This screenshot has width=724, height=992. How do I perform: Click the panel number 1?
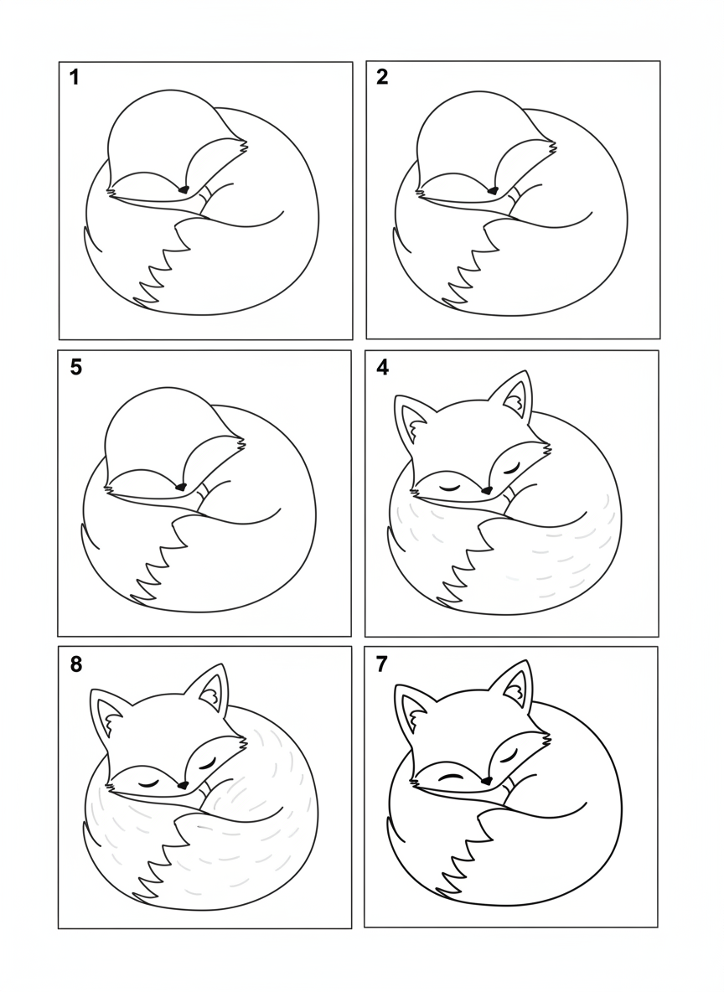pos(75,78)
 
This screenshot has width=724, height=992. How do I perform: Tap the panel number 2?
pos(382,77)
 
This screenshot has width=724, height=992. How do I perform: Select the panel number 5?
pos(76,368)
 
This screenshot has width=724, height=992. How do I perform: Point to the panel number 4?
pos(382,368)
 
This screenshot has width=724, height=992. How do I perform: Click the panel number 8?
pos(76,665)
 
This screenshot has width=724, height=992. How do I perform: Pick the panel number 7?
pos(381,664)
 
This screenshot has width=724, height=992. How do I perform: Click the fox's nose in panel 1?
pos(184,189)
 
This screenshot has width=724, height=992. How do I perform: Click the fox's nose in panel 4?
pos(486,489)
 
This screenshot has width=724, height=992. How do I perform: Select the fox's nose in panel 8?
pos(184,784)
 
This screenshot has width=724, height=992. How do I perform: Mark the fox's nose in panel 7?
pos(488,780)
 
